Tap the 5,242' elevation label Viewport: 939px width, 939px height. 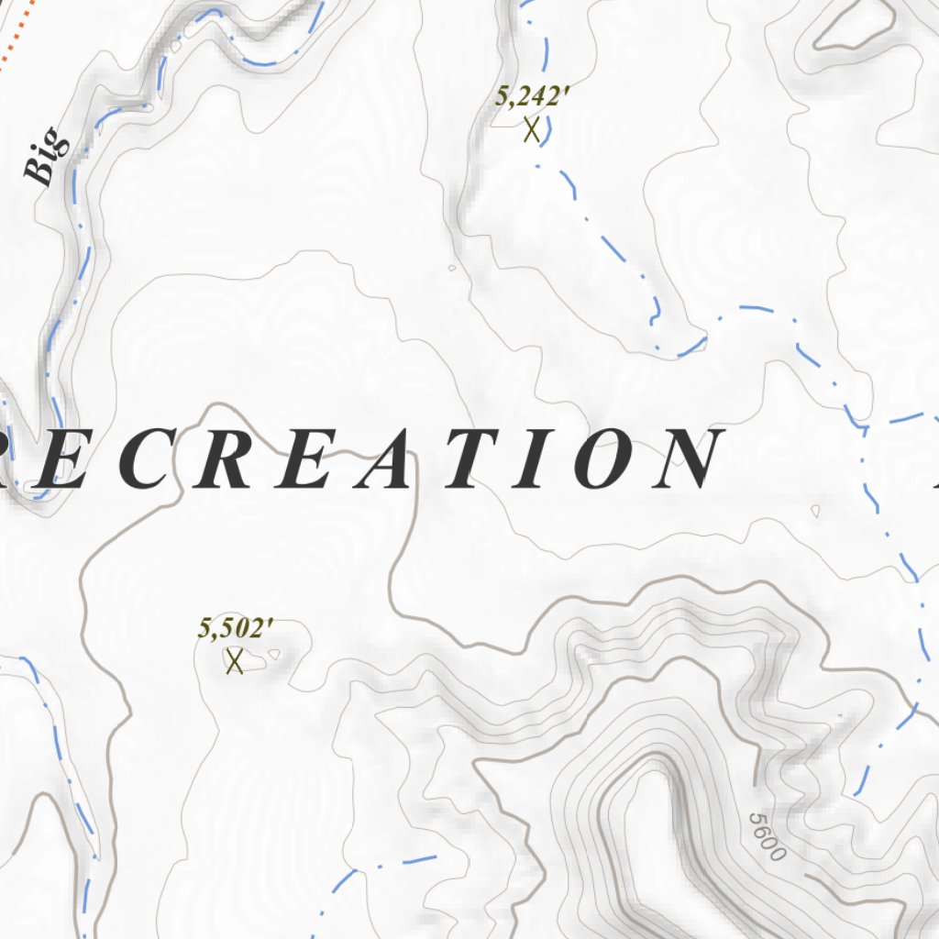(x=527, y=96)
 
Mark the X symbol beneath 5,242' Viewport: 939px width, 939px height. (x=531, y=130)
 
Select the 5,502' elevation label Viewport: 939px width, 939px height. (x=236, y=628)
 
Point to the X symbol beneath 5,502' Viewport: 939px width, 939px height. (x=235, y=660)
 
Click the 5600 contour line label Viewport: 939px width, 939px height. (x=767, y=836)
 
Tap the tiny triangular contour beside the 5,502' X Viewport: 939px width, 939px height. (x=273, y=655)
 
